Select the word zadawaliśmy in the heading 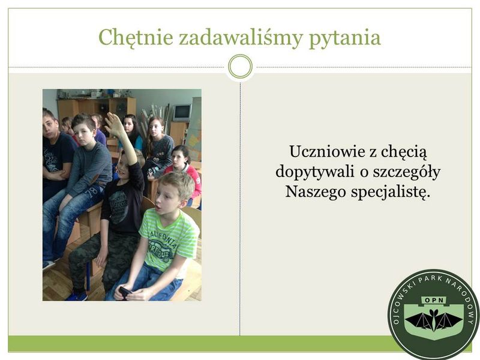[x=241, y=38]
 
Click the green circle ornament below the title [x=241, y=67]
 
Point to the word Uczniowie [x=327, y=152]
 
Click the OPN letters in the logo [x=434, y=301]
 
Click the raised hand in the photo [x=115, y=125]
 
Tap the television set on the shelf [x=182, y=113]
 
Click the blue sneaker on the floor [x=77, y=296]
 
